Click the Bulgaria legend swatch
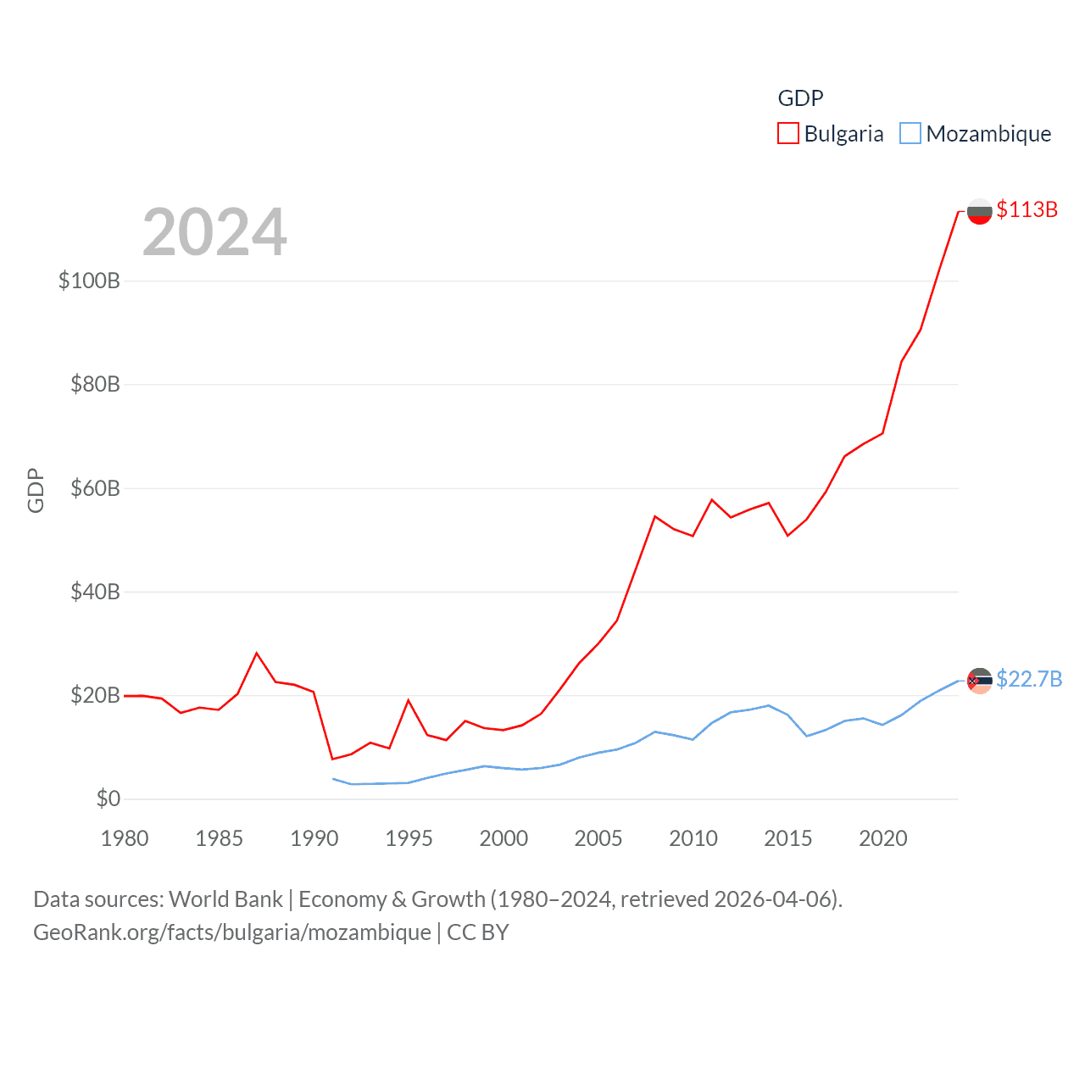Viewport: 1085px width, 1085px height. (x=788, y=134)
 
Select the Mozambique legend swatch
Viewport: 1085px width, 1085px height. (x=910, y=134)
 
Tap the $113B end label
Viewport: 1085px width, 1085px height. (x=1027, y=209)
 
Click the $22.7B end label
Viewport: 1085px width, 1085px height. (x=1029, y=679)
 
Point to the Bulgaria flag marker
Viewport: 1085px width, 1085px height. (x=979, y=211)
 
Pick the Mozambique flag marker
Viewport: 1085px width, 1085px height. (x=979, y=680)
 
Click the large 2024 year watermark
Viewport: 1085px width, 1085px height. (x=214, y=232)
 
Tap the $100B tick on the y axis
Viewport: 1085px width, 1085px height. (x=89, y=281)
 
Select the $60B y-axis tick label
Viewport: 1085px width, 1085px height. (x=95, y=488)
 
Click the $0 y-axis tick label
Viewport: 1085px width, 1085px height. (x=108, y=798)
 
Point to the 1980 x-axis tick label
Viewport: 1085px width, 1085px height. (x=125, y=838)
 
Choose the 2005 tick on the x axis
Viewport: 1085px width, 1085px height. (x=598, y=838)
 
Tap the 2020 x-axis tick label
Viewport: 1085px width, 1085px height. (x=883, y=838)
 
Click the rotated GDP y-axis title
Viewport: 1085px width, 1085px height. (x=36, y=490)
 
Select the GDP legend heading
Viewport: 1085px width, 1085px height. (x=800, y=98)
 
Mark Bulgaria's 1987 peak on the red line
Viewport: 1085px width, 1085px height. (x=257, y=653)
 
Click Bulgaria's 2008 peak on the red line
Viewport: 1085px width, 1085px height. (x=655, y=515)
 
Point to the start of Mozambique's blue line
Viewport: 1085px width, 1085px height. (x=333, y=778)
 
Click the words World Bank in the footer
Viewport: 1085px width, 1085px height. (x=225, y=899)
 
